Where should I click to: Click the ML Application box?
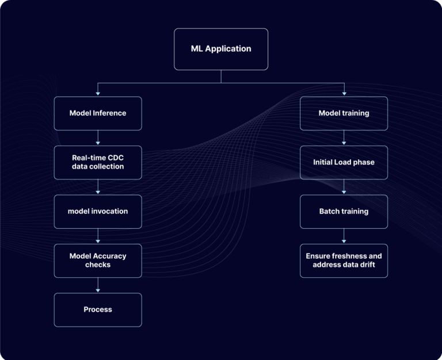click(x=221, y=49)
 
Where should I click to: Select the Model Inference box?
click(x=98, y=113)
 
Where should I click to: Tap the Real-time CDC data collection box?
click(x=98, y=162)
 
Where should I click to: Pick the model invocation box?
click(x=98, y=211)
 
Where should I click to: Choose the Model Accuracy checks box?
click(x=98, y=261)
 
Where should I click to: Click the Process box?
click(x=98, y=309)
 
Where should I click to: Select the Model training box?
click(x=344, y=113)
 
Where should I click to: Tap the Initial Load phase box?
click(x=344, y=162)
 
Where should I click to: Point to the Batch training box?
click(x=344, y=211)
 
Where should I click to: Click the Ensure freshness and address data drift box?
click(x=344, y=261)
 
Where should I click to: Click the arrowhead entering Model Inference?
click(x=98, y=93)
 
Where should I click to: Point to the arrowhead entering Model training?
click(x=344, y=93)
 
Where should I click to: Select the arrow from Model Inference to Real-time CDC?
click(x=98, y=137)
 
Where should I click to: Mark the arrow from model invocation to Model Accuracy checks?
click(x=98, y=236)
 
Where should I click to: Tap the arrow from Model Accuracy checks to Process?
click(x=98, y=285)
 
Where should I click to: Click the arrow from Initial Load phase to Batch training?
click(x=344, y=186)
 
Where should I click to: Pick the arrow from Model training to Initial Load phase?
click(x=344, y=137)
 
